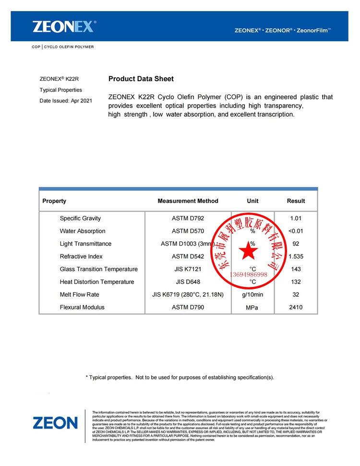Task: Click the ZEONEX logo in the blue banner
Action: click(x=64, y=26)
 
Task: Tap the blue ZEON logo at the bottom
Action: click(x=55, y=423)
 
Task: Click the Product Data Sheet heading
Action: click(x=141, y=79)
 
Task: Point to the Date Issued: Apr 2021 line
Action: click(x=66, y=101)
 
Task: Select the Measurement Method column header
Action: click(x=188, y=201)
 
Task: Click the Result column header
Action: click(x=296, y=201)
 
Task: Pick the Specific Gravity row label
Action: click(x=80, y=218)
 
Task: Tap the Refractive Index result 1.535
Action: click(x=296, y=256)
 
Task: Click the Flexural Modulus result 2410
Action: click(x=296, y=307)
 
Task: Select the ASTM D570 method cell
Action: click(x=188, y=231)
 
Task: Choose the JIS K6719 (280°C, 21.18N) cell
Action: click(x=188, y=294)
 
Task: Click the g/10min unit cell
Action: click(x=253, y=294)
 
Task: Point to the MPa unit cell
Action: click(x=253, y=308)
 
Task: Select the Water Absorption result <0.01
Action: click(x=296, y=231)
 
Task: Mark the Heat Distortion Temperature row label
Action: click(x=97, y=282)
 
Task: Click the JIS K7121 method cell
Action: click(x=188, y=269)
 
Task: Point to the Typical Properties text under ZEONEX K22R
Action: click(x=60, y=90)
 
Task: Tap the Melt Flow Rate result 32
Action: click(x=296, y=294)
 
